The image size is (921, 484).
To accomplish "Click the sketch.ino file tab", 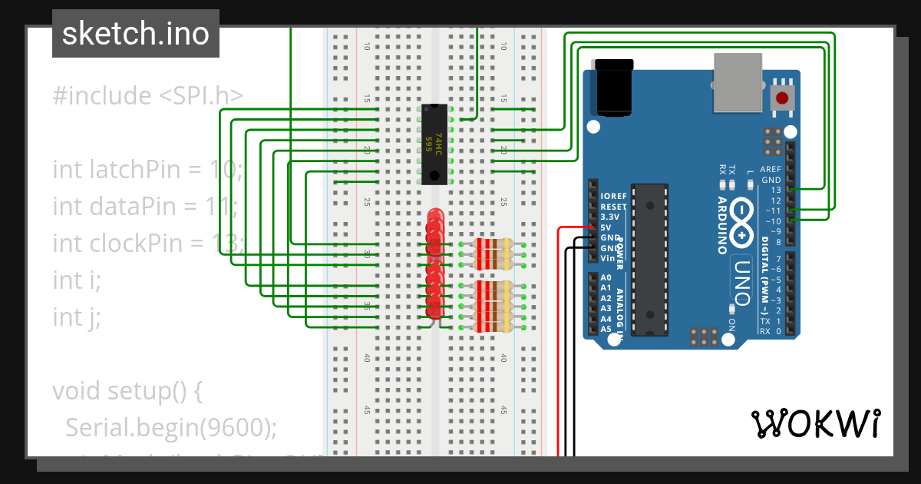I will (136, 34).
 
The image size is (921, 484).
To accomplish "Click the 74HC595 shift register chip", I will (435, 144).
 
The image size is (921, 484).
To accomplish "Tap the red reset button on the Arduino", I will (782, 98).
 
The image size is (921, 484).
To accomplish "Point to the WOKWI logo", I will (815, 423).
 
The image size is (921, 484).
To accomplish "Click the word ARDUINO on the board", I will (723, 225).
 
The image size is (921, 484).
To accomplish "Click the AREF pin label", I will (770, 169).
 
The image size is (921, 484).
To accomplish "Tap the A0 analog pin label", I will (606, 277).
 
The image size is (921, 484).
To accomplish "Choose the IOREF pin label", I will (613, 196).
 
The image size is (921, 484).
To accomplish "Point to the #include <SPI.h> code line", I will (147, 96).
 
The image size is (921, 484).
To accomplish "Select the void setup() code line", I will (127, 391).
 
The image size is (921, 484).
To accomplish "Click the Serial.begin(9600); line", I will (170, 428).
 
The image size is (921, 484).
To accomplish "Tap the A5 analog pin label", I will (606, 329).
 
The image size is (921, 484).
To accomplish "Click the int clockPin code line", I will (147, 244).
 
